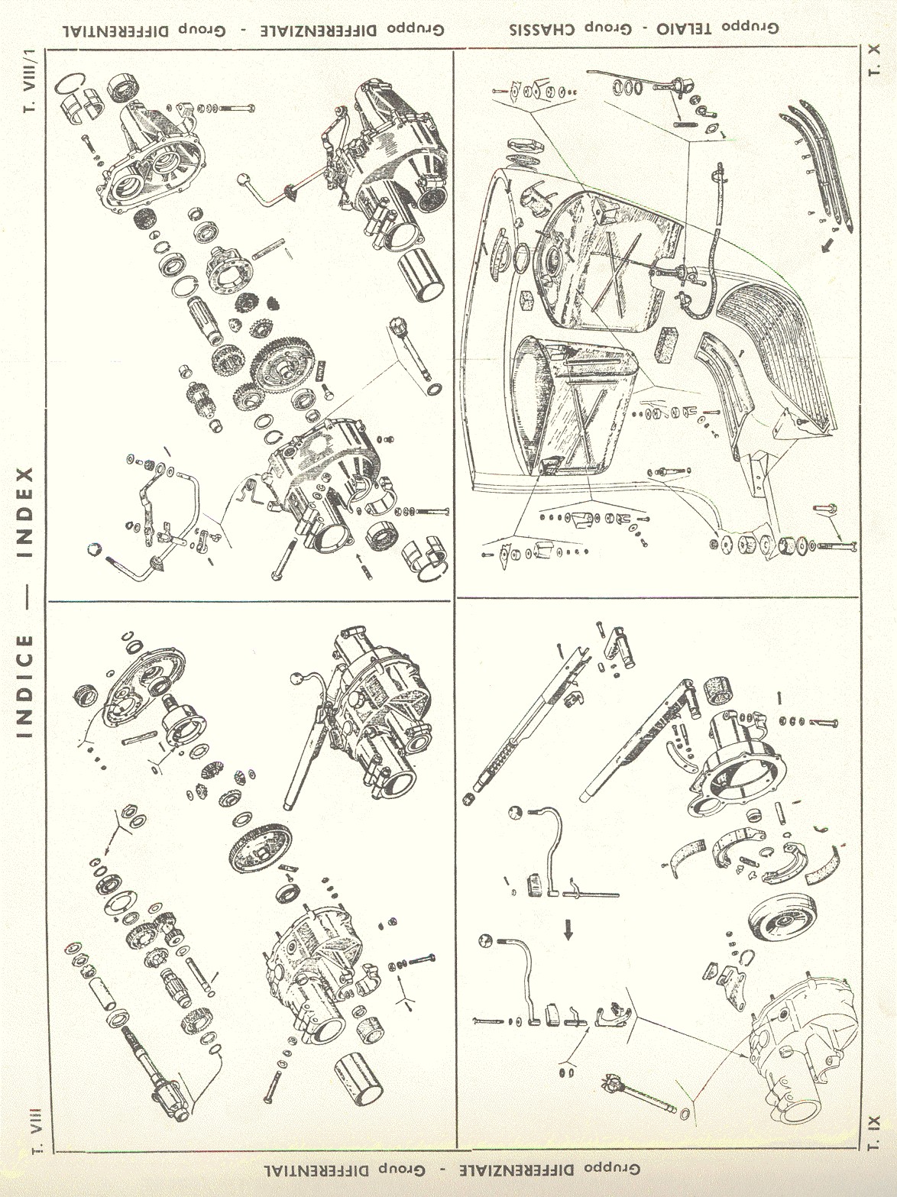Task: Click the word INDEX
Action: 25,511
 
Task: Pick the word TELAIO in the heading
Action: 685,28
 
